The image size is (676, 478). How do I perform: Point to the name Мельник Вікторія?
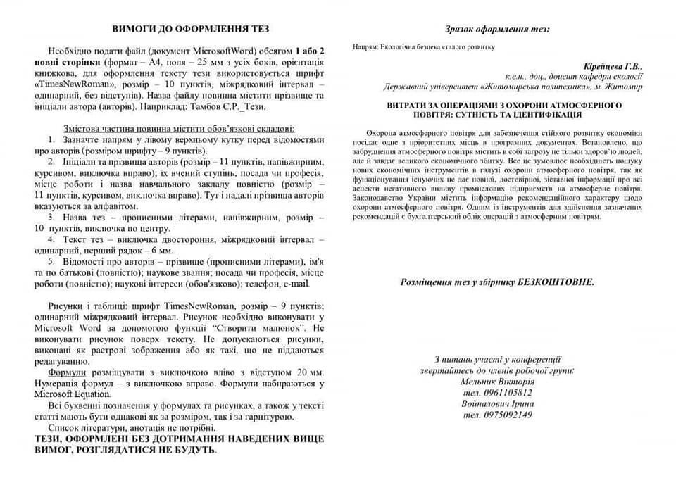(496, 381)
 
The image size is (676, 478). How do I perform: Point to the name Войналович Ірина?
(497, 403)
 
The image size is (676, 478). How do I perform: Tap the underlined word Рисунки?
(66, 306)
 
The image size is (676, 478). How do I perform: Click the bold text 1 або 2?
(310, 52)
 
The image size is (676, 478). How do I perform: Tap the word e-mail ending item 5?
(295, 284)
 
